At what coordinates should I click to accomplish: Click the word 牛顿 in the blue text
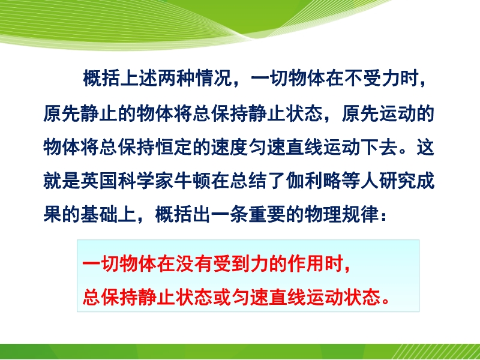[x=193, y=181]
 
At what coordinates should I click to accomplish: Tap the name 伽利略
[x=314, y=181]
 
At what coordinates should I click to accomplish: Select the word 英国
[x=99, y=181]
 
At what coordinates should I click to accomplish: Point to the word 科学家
[x=146, y=181]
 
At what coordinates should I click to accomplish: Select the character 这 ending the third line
[x=426, y=147]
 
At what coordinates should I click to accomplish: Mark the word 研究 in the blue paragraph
[x=398, y=181]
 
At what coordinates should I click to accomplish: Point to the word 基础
[x=99, y=214]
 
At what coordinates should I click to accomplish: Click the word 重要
[x=267, y=214]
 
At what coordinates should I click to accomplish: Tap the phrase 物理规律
[x=342, y=214]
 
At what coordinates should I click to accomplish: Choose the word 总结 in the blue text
[x=248, y=181]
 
